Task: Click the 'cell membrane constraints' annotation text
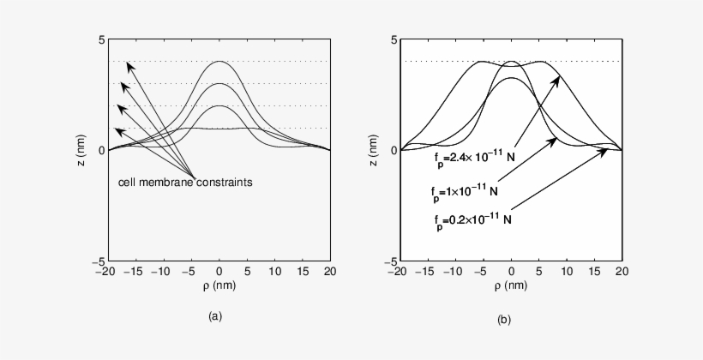[x=184, y=182]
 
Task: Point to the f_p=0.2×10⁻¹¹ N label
[x=474, y=219]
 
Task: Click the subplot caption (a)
[x=216, y=316]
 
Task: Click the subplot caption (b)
[x=505, y=320]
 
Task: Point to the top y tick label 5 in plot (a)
[x=100, y=40]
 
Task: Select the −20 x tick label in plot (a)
[x=105, y=272]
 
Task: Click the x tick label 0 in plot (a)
[x=219, y=272]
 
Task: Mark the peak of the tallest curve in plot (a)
[x=219, y=62]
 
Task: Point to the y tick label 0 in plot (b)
[x=392, y=151]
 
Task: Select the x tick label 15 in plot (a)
[x=303, y=272]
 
